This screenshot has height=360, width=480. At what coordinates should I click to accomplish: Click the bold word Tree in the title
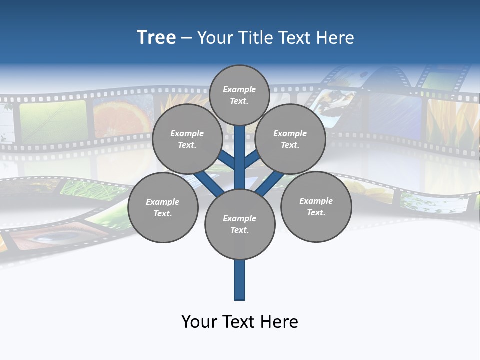click(x=156, y=37)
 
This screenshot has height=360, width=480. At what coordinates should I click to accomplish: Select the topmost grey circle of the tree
click(x=239, y=95)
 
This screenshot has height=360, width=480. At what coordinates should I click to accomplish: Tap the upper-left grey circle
click(x=187, y=139)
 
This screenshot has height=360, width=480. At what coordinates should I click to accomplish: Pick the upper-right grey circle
click(x=290, y=139)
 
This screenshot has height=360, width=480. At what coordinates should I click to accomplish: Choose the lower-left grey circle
click(x=162, y=207)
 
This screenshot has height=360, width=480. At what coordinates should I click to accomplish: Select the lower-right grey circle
click(x=316, y=206)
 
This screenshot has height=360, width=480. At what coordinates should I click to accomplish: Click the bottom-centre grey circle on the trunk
click(x=240, y=224)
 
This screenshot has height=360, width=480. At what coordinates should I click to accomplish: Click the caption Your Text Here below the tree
click(x=240, y=321)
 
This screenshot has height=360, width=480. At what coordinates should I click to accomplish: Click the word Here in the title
click(x=336, y=38)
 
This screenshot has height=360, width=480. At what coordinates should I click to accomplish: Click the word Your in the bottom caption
click(x=198, y=321)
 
